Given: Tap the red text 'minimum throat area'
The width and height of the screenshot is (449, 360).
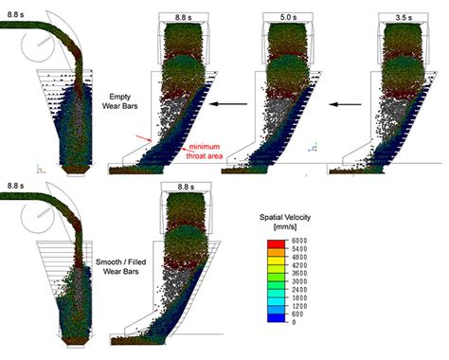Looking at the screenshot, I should point(207,152).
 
